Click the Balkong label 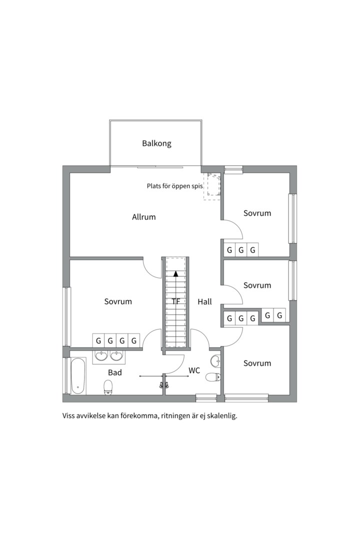coord(156,143)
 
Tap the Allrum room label coord(144,217)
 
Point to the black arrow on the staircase coord(175,273)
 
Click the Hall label coord(204,302)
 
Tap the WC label coord(194,370)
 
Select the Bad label coord(115,372)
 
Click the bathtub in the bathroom coord(78,376)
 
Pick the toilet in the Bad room coord(108,386)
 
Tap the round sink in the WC coord(215,361)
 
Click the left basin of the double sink coord(102,355)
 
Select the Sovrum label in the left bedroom coord(118,301)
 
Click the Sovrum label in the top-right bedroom coord(257,213)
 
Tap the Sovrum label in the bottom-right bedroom coord(257,363)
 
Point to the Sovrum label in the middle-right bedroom coord(257,285)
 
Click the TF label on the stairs coord(175,301)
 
